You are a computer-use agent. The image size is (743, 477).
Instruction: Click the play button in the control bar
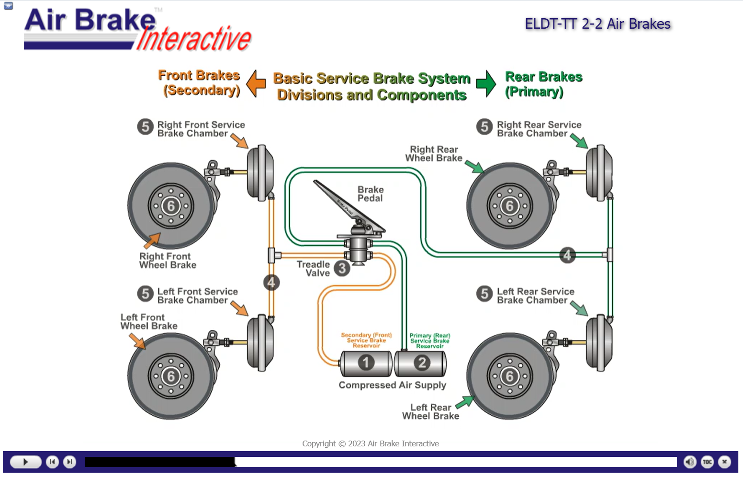[x=25, y=462]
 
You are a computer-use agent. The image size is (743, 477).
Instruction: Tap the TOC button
[x=707, y=462]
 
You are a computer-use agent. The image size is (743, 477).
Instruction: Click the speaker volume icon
[x=690, y=462]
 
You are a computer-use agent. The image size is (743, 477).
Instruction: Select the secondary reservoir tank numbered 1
[x=366, y=363]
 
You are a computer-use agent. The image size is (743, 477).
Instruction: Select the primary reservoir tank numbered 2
[x=421, y=363]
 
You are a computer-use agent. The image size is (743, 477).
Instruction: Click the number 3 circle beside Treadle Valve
[x=342, y=268]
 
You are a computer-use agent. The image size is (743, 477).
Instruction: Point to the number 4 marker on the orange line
[x=271, y=283]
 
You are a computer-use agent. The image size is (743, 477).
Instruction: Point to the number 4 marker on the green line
[x=567, y=255]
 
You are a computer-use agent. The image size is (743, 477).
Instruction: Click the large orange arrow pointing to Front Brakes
[x=256, y=83]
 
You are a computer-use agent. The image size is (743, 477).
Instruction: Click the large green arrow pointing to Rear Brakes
[x=486, y=83]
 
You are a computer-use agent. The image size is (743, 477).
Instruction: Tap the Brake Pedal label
[x=371, y=193]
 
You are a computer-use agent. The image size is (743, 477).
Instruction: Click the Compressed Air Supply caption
[x=393, y=385]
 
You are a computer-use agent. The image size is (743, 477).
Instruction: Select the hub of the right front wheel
[x=170, y=205]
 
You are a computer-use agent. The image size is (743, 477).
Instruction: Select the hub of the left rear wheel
[x=509, y=376]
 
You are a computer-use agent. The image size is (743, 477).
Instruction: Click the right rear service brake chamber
[x=599, y=173]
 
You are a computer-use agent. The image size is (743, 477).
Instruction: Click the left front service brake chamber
[x=260, y=342]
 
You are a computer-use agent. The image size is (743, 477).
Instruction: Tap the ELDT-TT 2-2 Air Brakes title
[x=598, y=24]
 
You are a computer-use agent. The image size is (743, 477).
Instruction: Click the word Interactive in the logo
[x=194, y=38]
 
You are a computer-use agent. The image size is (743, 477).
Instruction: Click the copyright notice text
[x=371, y=443]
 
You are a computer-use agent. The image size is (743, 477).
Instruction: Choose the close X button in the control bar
[x=724, y=462]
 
